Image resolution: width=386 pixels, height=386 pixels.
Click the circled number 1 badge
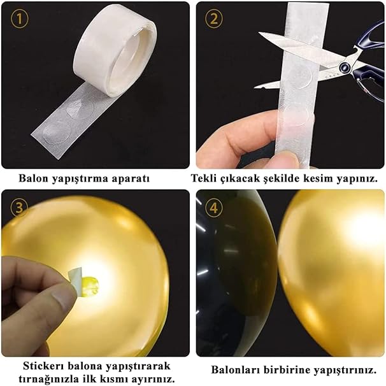[x=20, y=18]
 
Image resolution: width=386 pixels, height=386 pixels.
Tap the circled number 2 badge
[x=213, y=18]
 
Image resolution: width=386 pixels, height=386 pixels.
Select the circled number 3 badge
[x=19, y=207]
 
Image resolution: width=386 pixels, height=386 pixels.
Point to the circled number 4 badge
[x=213, y=208]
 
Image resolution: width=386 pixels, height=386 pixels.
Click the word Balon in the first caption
[x=34, y=178]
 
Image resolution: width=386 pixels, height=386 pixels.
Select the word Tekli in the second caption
[x=204, y=178]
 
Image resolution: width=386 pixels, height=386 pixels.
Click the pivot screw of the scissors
[x=344, y=66]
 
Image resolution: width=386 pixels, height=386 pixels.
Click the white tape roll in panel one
[x=115, y=48]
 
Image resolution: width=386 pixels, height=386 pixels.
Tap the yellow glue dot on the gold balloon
[x=90, y=285]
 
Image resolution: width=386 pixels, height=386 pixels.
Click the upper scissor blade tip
[x=259, y=32]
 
